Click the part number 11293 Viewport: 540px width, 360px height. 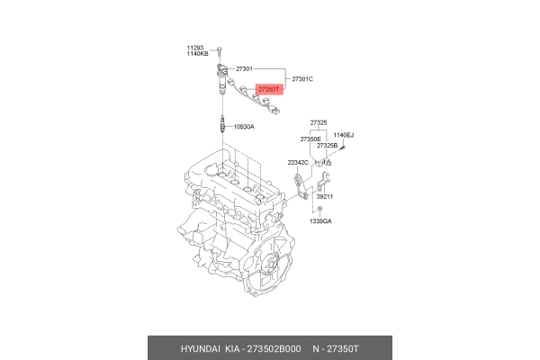(x=196, y=47)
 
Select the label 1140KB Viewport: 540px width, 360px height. (x=198, y=54)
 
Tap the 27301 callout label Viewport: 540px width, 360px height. (x=245, y=69)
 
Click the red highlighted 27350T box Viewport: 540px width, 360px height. (x=269, y=90)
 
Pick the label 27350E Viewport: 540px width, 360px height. (x=310, y=139)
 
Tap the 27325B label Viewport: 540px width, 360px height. (x=326, y=146)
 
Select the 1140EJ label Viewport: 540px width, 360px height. (x=344, y=135)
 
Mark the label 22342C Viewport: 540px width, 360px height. (x=297, y=162)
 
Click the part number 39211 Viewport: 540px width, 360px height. (x=324, y=196)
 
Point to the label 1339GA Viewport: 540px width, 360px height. (x=321, y=220)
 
